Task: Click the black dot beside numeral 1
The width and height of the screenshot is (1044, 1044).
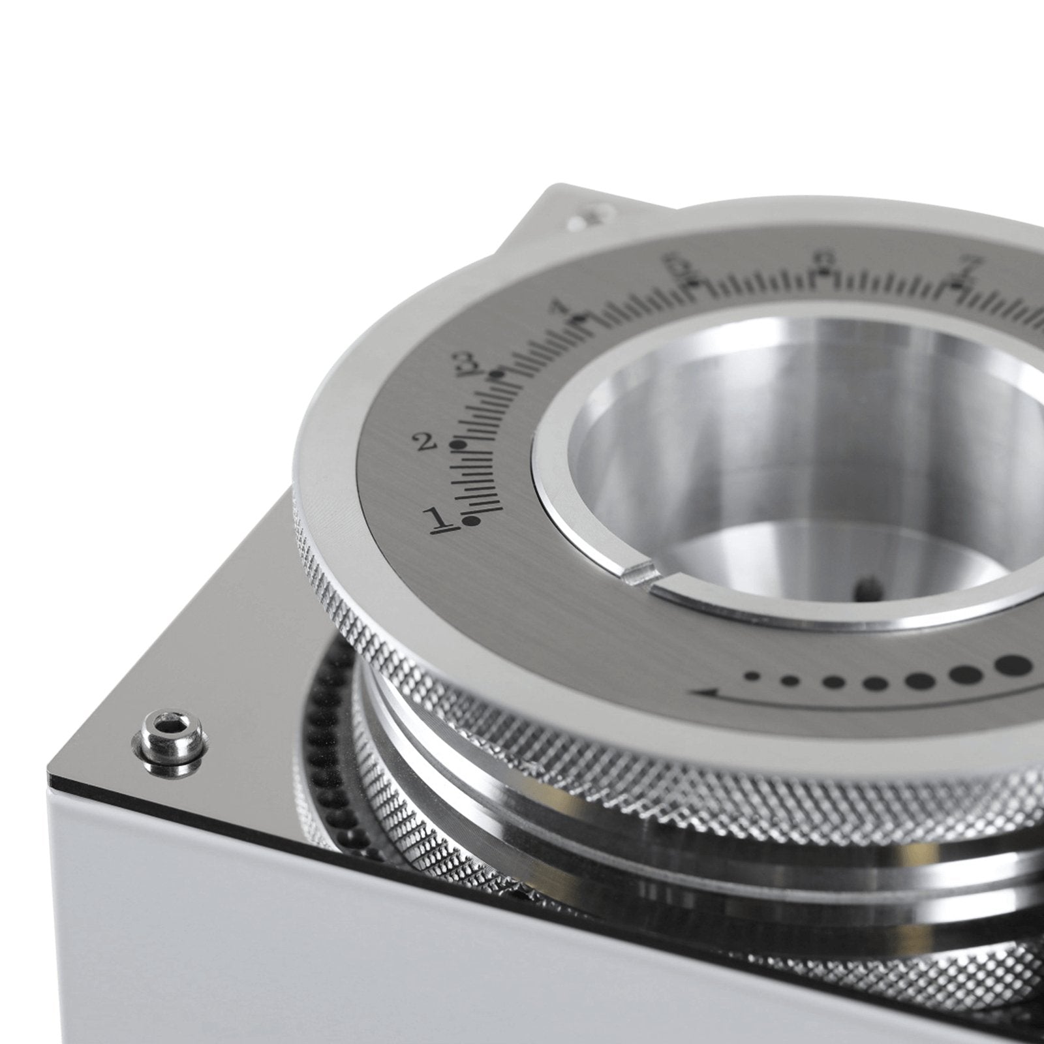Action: [468, 520]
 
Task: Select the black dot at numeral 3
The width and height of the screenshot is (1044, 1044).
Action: [499, 375]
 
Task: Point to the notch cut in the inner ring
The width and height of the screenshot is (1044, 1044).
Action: [638, 574]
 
